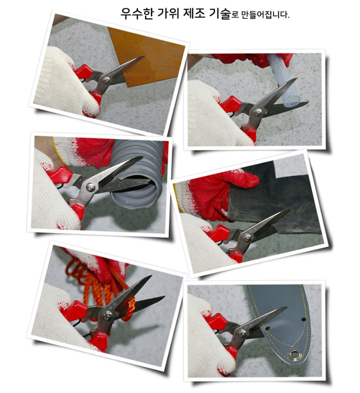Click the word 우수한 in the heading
click(137, 13)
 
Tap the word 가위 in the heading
click(168, 13)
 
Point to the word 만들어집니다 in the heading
click(265, 15)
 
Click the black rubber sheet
click(276, 200)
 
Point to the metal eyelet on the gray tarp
click(294, 355)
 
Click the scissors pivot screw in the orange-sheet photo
click(107, 80)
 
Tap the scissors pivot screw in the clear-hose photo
click(257, 112)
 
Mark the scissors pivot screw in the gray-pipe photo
click(90, 187)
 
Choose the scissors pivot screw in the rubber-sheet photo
click(247, 238)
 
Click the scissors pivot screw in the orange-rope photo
click(108, 315)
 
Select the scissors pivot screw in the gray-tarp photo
click(242, 333)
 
